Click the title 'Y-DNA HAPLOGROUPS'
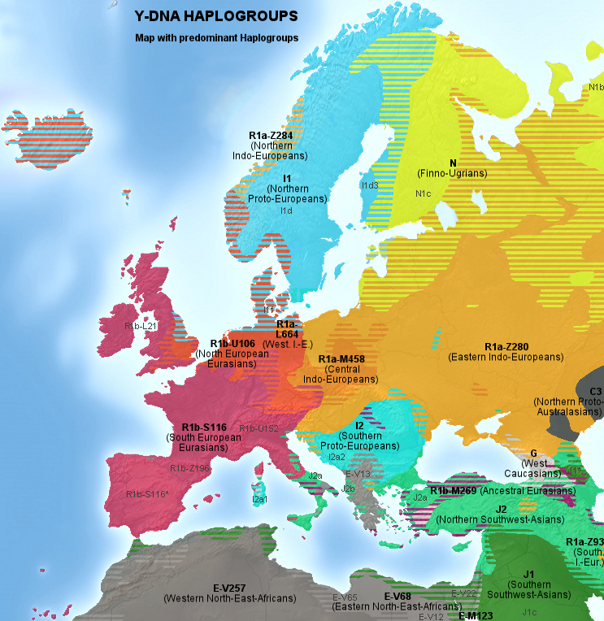pyautogui.click(x=215, y=16)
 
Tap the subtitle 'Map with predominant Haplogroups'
pyautogui.click(x=217, y=37)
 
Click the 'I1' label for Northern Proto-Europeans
pyautogui.click(x=287, y=178)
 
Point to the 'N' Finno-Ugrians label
pyautogui.click(x=453, y=163)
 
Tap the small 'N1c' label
pyautogui.click(x=423, y=193)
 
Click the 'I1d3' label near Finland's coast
pyautogui.click(x=370, y=185)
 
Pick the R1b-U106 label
pyautogui.click(x=232, y=344)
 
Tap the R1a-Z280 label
pyautogui.click(x=506, y=347)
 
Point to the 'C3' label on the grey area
pyautogui.click(x=595, y=391)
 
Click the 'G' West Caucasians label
pyautogui.click(x=533, y=453)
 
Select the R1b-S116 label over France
pyautogui.click(x=203, y=427)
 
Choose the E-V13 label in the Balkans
pyautogui.click(x=358, y=474)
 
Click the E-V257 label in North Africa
pyautogui.click(x=229, y=588)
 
